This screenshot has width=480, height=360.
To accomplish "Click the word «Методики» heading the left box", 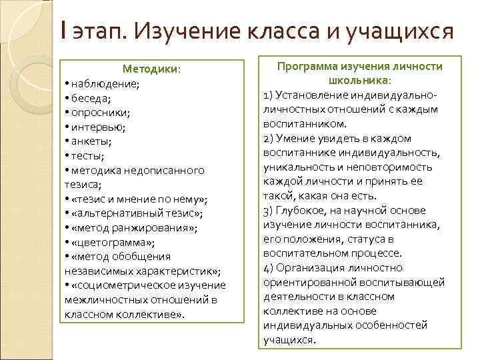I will click(151, 69).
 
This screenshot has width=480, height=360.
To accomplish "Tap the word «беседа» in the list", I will click(92, 98).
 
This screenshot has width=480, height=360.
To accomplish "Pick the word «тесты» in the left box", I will click(88, 156).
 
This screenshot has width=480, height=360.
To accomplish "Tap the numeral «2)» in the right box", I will click(269, 138).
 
